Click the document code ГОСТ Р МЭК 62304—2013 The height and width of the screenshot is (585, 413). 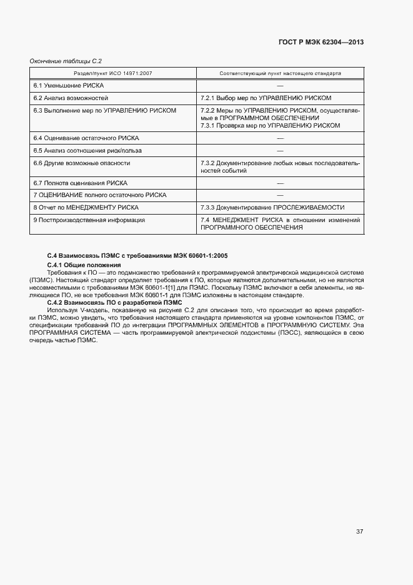(321, 43)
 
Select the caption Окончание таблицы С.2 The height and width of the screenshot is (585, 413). (66, 61)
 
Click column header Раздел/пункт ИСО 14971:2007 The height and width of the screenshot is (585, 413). (92, 73)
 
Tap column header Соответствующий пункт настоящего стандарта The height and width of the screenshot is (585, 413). (280, 73)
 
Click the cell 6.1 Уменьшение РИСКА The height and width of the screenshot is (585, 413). (68, 85)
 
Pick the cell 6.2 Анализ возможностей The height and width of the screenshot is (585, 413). (71, 98)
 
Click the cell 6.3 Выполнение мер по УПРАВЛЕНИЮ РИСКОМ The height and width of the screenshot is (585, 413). (104, 110)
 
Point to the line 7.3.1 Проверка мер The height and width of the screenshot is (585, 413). (270, 125)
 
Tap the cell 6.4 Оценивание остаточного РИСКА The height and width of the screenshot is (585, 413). (86, 138)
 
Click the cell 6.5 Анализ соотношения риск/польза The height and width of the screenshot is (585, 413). (87, 150)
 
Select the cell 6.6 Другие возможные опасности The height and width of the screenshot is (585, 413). (81, 163)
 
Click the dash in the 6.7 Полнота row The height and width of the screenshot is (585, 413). (280, 183)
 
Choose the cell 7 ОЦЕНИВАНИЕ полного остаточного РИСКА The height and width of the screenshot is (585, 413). (99, 195)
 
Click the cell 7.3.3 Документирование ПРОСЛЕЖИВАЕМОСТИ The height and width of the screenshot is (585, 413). (272, 207)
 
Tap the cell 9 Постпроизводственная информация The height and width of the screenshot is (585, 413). (89, 220)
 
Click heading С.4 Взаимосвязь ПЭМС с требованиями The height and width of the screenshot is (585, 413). (137, 256)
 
